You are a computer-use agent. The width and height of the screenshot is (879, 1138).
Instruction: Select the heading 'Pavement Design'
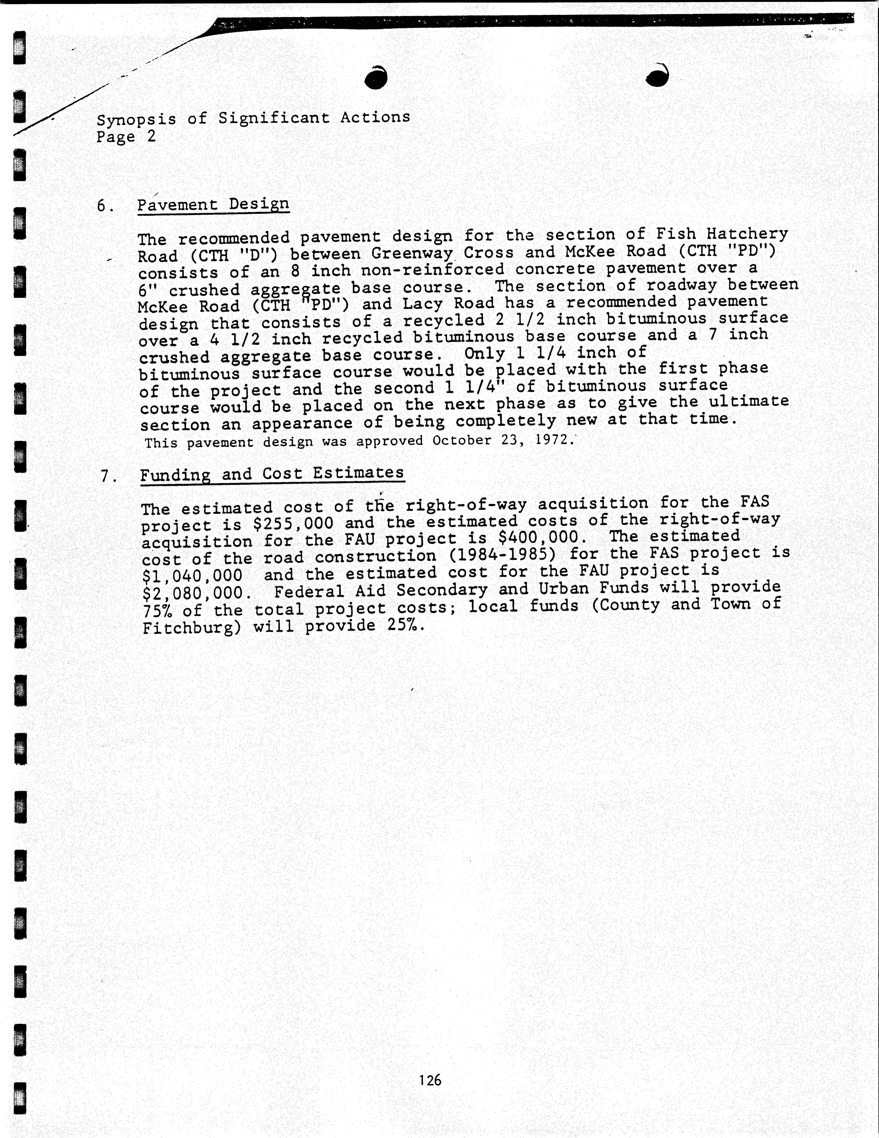(x=213, y=204)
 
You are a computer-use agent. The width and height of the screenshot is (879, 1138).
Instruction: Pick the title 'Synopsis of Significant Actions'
(x=253, y=118)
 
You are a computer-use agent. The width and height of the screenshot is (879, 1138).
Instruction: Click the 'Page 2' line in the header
(x=126, y=137)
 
